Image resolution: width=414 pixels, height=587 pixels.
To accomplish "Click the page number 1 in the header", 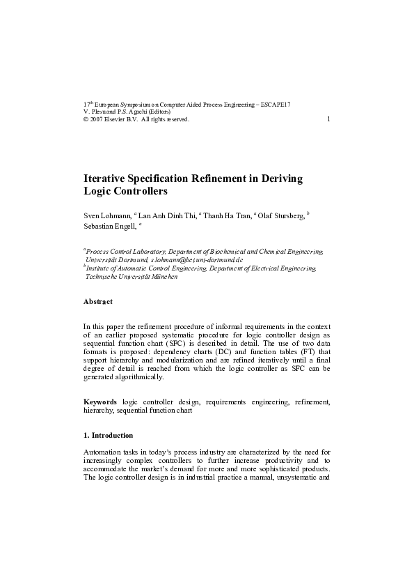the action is click(328, 119).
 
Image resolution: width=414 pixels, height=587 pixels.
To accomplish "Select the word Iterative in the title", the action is click(106, 178).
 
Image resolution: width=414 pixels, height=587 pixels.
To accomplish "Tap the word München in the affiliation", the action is click(161, 276).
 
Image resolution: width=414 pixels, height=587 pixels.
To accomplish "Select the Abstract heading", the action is click(97, 301).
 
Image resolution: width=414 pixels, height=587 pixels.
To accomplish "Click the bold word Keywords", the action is click(100, 402).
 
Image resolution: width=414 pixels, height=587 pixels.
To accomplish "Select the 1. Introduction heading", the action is click(108, 435).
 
